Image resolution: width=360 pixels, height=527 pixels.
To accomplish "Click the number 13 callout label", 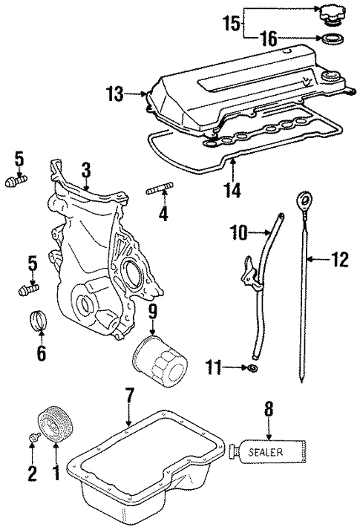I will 114,94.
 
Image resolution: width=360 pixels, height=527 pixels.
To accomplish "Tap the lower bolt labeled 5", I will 27,287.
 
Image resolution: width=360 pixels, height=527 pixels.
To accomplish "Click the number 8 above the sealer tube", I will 269,409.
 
